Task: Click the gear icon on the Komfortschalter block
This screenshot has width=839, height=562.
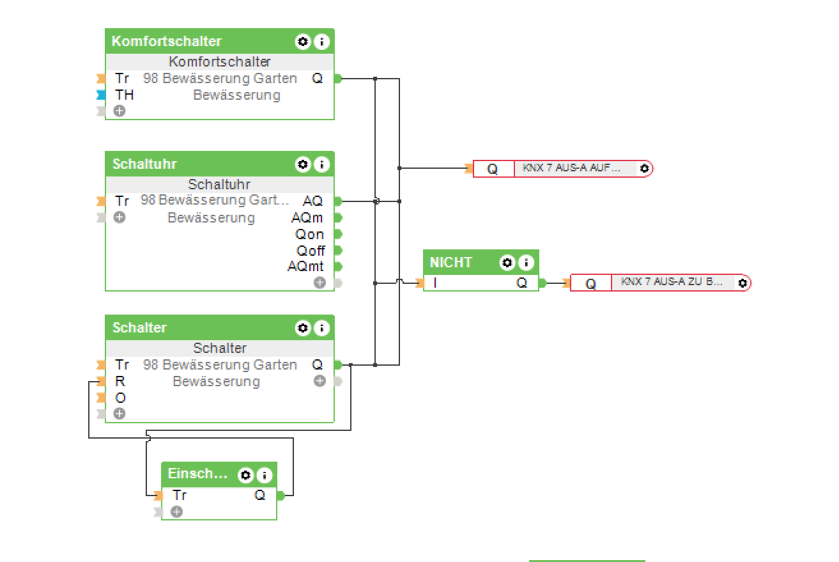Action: click(302, 42)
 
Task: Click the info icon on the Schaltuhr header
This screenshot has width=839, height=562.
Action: click(321, 165)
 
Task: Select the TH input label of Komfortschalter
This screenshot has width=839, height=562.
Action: click(125, 95)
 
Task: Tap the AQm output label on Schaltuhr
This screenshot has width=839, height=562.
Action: click(307, 218)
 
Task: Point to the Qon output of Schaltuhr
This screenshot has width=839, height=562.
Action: click(309, 235)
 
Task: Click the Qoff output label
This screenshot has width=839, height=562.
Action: click(310, 251)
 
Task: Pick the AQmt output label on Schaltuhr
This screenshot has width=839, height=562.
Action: click(305, 267)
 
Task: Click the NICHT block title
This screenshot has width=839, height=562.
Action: click(451, 263)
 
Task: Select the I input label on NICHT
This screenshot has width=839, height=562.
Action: click(436, 283)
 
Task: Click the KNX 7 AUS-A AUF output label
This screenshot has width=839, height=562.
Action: click(571, 168)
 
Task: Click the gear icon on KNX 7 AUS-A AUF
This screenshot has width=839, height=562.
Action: click(644, 169)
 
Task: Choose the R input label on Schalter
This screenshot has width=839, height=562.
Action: click(120, 382)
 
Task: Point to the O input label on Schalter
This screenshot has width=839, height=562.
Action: click(120, 398)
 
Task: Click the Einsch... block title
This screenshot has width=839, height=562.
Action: click(197, 474)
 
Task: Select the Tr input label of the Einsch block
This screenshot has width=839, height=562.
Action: click(180, 496)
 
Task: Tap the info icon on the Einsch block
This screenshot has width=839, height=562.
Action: click(263, 476)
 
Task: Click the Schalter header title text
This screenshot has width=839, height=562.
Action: click(139, 328)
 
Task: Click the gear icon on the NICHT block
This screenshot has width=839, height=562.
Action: click(507, 263)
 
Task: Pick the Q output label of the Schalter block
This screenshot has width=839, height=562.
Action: click(318, 365)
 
